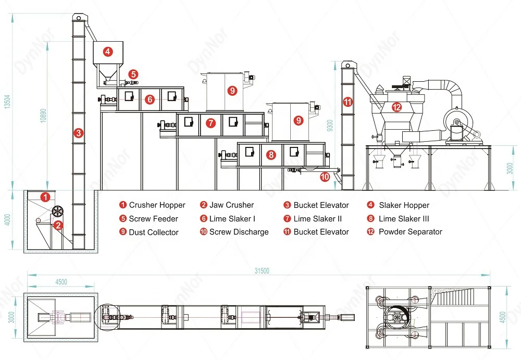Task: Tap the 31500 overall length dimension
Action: point(262,270)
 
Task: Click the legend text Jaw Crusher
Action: point(231,205)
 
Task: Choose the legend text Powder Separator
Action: point(410,232)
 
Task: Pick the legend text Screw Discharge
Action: point(239,232)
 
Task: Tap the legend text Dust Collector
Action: point(154,232)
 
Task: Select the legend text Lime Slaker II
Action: point(317,219)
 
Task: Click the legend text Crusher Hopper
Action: point(157,205)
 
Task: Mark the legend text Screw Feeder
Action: point(153,219)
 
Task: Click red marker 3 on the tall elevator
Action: point(78,133)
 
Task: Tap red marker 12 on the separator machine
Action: point(397,107)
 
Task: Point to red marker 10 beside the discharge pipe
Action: point(325,177)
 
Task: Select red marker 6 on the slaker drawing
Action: point(150,99)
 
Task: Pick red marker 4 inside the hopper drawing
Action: point(107,52)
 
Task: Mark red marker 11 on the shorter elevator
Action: point(348,102)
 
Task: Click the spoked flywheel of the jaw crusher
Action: point(57,212)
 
